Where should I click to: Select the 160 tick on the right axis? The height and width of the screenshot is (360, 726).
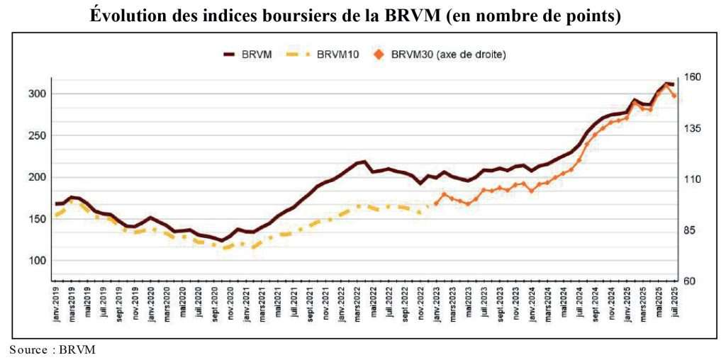pos(691,77)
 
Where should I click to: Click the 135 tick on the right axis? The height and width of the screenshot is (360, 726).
pos(691,128)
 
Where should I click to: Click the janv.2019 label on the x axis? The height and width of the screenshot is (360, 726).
pos(56,306)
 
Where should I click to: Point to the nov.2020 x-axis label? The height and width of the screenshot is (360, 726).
pos(230,306)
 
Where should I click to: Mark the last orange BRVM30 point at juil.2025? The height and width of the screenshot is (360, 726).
pos(674,96)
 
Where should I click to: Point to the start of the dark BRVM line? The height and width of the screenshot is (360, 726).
pos(56,203)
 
